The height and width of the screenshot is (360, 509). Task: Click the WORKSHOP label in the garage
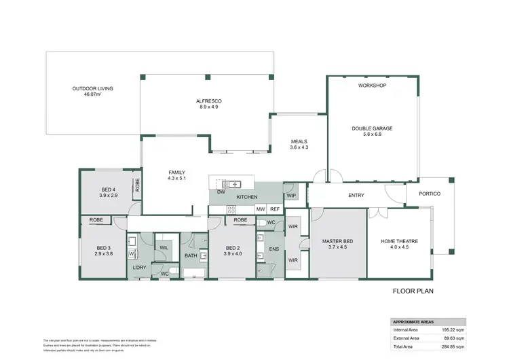tap(372, 86)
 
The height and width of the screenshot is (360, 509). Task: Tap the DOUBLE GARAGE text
tap(372, 128)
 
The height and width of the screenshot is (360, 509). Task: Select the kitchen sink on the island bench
tap(231, 183)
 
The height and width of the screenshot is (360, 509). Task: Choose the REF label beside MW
tap(274, 209)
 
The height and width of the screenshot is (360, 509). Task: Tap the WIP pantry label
tap(291, 196)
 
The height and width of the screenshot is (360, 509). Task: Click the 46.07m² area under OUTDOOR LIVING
tap(93, 95)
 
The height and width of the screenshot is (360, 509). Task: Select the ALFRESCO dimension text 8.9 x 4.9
tap(209, 107)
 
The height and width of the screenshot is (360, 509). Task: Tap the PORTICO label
tap(429, 194)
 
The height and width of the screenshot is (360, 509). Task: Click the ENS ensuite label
tap(274, 249)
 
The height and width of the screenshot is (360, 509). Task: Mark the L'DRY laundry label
tap(140, 268)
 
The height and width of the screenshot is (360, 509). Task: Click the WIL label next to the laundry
tap(164, 247)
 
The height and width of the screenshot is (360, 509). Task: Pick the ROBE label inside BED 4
tap(137, 184)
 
